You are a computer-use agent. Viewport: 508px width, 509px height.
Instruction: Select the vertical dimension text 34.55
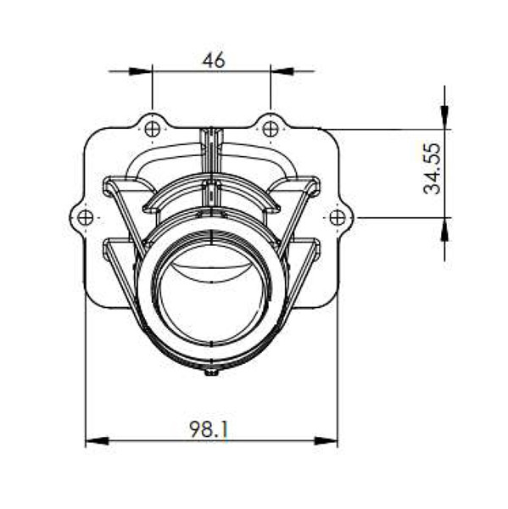433,169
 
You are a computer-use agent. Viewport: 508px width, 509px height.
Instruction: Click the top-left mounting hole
153,129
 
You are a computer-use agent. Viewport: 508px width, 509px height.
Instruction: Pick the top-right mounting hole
271,129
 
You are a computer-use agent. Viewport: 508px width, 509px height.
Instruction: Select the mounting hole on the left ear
85,217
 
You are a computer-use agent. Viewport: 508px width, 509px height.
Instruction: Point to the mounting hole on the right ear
338,217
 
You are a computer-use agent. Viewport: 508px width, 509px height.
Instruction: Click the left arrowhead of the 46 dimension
141,71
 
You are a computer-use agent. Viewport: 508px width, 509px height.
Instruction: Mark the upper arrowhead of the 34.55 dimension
445,118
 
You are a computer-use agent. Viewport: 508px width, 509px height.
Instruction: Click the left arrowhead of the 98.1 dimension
98,441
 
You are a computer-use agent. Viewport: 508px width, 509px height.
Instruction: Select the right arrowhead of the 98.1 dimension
326,441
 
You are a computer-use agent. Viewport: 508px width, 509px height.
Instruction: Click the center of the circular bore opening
211,293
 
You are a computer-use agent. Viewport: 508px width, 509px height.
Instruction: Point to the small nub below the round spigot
211,372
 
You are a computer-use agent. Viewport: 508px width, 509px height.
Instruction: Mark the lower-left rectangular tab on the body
114,248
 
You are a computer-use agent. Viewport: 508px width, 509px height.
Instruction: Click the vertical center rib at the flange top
211,140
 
